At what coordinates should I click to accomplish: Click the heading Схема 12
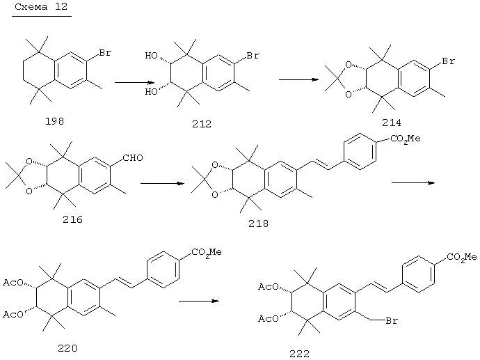click(x=41, y=7)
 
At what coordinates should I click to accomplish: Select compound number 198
click(x=54, y=121)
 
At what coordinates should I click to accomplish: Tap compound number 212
click(x=202, y=124)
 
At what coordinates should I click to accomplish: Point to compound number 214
click(x=391, y=123)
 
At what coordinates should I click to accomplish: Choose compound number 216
click(x=72, y=219)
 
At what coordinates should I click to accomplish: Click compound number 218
click(x=258, y=224)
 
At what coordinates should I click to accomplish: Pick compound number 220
click(x=67, y=348)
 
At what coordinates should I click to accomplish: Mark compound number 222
click(x=299, y=354)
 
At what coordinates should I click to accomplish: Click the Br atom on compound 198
click(x=104, y=53)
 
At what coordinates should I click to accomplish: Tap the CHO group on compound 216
click(x=133, y=158)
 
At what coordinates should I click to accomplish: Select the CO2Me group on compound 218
click(x=406, y=139)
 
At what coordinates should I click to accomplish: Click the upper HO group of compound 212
click(x=151, y=56)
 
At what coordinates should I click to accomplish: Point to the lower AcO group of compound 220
click(x=13, y=314)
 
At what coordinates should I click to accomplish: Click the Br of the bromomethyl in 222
click(x=392, y=321)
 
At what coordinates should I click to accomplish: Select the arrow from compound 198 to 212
click(x=134, y=82)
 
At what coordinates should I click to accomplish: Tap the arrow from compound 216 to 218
click(x=162, y=184)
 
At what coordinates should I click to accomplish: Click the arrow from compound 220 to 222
click(x=199, y=302)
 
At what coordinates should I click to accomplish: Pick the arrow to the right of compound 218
click(x=413, y=183)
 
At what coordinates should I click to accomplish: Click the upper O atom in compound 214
click(x=348, y=65)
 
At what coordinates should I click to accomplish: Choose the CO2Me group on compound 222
click(x=462, y=257)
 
